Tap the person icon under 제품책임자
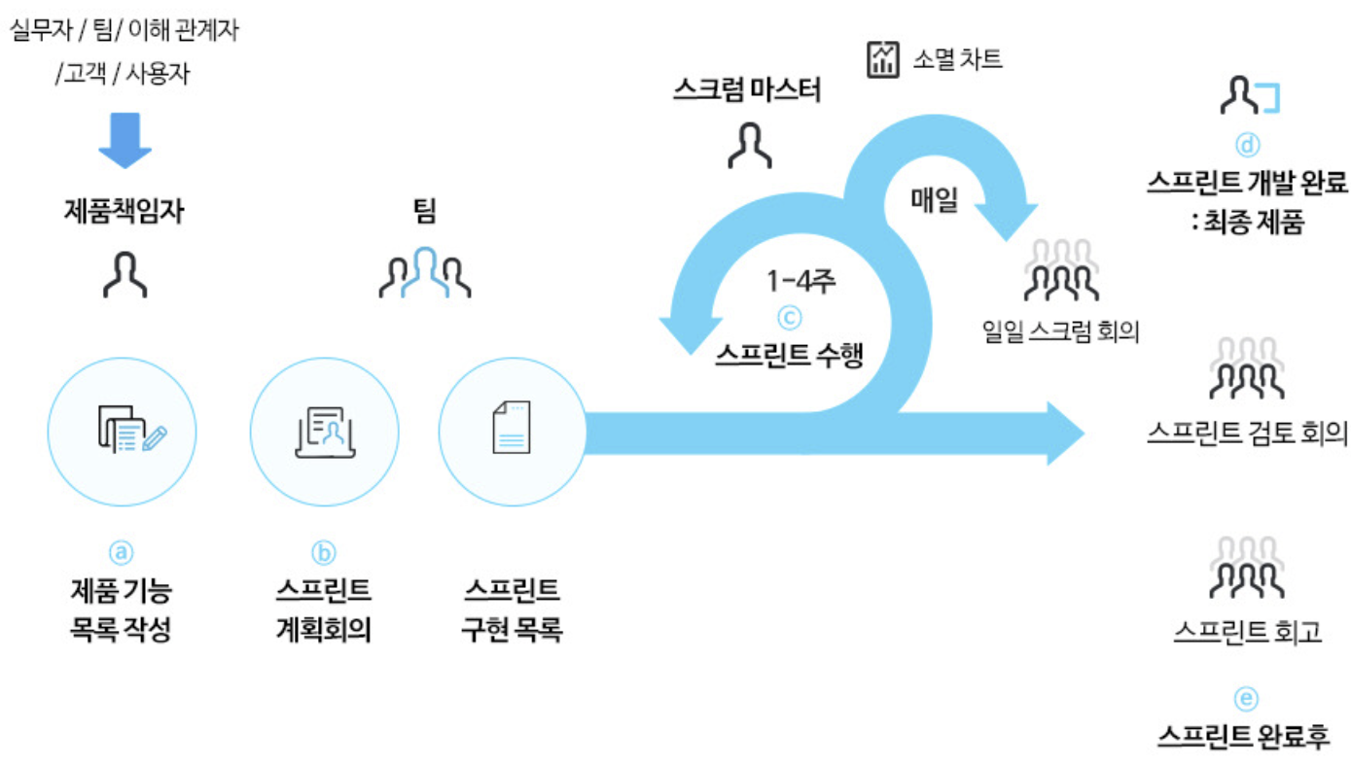coord(125,274)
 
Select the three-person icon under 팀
coord(425,272)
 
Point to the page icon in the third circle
coord(512,428)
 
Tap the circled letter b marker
coord(323,552)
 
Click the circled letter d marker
coord(1247,146)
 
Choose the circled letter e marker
coord(1246,698)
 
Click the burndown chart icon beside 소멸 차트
coord(883,59)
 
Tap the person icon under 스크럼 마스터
coord(750,146)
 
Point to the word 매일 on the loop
coord(935,201)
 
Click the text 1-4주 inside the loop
coord(801,283)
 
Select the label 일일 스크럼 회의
coord(1061,331)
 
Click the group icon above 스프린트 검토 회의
coord(1246,369)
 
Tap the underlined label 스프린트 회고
coord(1247,632)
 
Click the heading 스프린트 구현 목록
coord(512,609)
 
